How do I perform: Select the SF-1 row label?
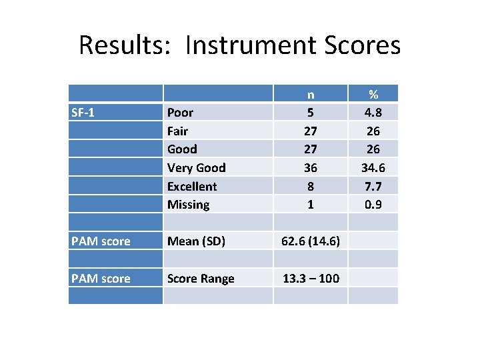[x=83, y=112]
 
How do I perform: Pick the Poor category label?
[x=180, y=112]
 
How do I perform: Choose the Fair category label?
[x=177, y=131]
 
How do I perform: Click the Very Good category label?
[x=196, y=167]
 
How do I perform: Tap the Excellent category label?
[x=192, y=186]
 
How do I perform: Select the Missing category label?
[x=188, y=205]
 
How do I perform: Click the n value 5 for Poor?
[x=310, y=112]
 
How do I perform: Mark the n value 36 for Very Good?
[x=310, y=167]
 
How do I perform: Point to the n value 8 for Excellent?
[x=310, y=186]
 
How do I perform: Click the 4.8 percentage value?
[x=373, y=112]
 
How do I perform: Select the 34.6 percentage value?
[x=373, y=167]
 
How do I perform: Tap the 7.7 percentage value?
[x=373, y=186]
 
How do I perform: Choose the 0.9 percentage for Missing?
[x=373, y=205]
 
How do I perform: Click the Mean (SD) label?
[x=195, y=241]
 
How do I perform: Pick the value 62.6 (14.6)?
[x=311, y=241]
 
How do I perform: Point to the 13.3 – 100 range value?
[x=311, y=278]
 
